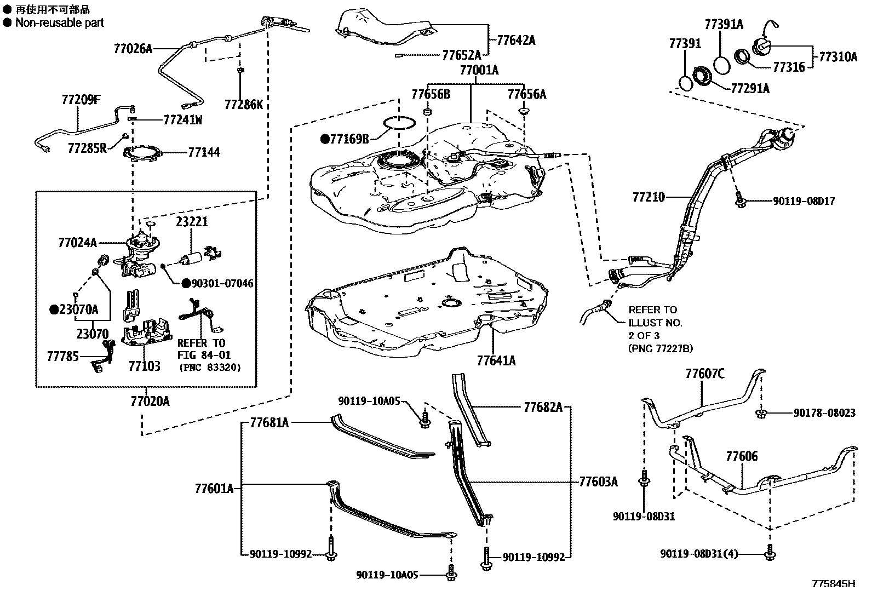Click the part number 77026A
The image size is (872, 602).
pyautogui.click(x=133, y=48)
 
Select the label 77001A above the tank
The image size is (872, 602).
pyautogui.click(x=479, y=70)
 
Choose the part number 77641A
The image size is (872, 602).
pyautogui.click(x=496, y=360)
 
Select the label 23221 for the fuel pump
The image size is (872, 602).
pyautogui.click(x=192, y=222)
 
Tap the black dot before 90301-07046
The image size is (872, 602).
pyautogui.click(x=186, y=283)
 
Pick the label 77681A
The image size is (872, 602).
pyautogui.click(x=269, y=422)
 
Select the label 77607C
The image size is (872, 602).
pyautogui.click(x=705, y=374)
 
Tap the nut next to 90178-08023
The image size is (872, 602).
pyautogui.click(x=760, y=413)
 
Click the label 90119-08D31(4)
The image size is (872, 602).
pyautogui.click(x=699, y=554)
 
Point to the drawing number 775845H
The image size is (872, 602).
pyautogui.click(x=833, y=584)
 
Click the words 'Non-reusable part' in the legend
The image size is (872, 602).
pyautogui.click(x=59, y=22)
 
